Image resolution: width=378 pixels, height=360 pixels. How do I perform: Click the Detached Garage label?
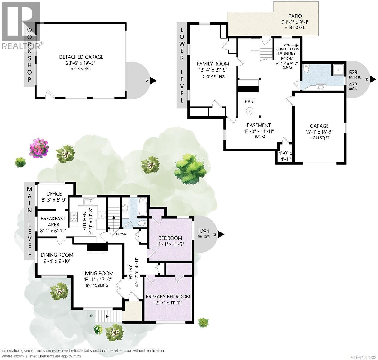81,57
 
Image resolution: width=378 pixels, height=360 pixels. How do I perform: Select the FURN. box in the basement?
249,102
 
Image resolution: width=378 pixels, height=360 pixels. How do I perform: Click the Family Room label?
213,64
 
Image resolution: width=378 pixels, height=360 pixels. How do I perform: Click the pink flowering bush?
39,147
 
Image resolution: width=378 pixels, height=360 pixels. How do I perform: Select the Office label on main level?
54,194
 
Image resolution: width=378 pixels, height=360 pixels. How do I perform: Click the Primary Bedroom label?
168,296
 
